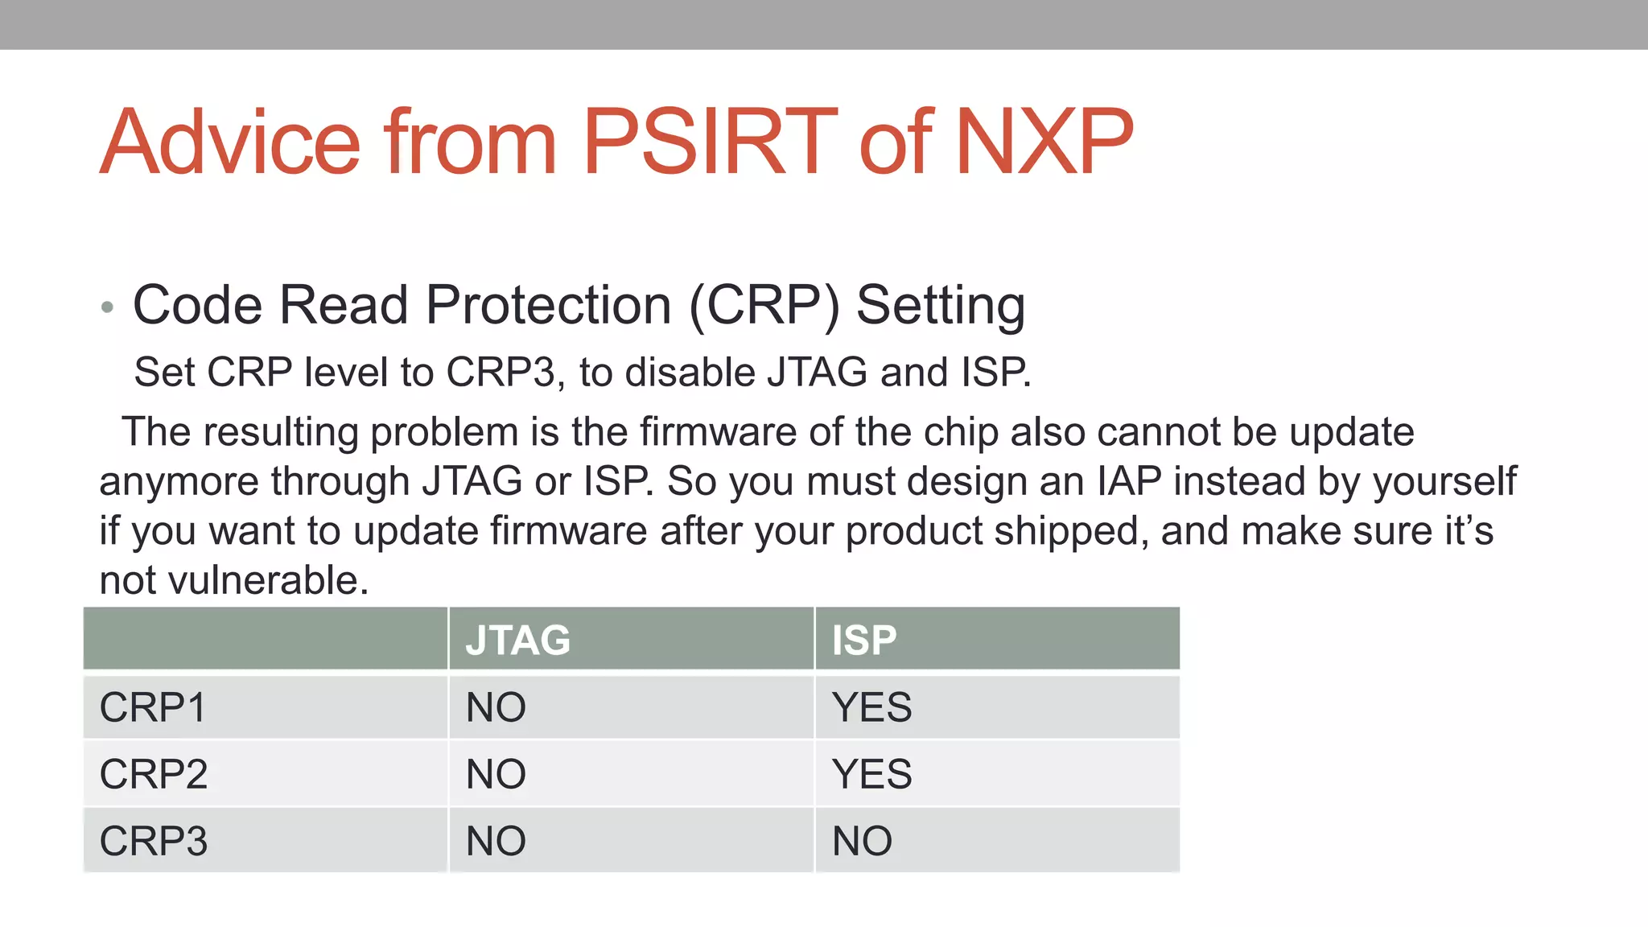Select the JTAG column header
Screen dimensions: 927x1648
tap(517, 641)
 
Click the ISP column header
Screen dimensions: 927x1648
tap(863, 641)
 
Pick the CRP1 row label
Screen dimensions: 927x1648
tap(153, 708)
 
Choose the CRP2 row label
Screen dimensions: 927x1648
tap(153, 775)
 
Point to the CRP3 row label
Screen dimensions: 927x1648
tap(153, 842)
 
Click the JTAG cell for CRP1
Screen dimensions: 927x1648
tap(496, 708)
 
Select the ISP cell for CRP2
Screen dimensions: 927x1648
tap(871, 775)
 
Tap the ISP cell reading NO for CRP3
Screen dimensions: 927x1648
tap(862, 842)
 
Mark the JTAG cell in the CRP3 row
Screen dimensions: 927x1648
tap(496, 842)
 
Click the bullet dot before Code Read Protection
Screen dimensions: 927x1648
tap(108, 307)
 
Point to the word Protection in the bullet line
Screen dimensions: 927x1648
tap(548, 306)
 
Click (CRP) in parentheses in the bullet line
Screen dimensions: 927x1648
tap(764, 306)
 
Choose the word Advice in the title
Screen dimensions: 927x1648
tap(230, 142)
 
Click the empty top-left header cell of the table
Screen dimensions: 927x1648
tap(265, 639)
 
